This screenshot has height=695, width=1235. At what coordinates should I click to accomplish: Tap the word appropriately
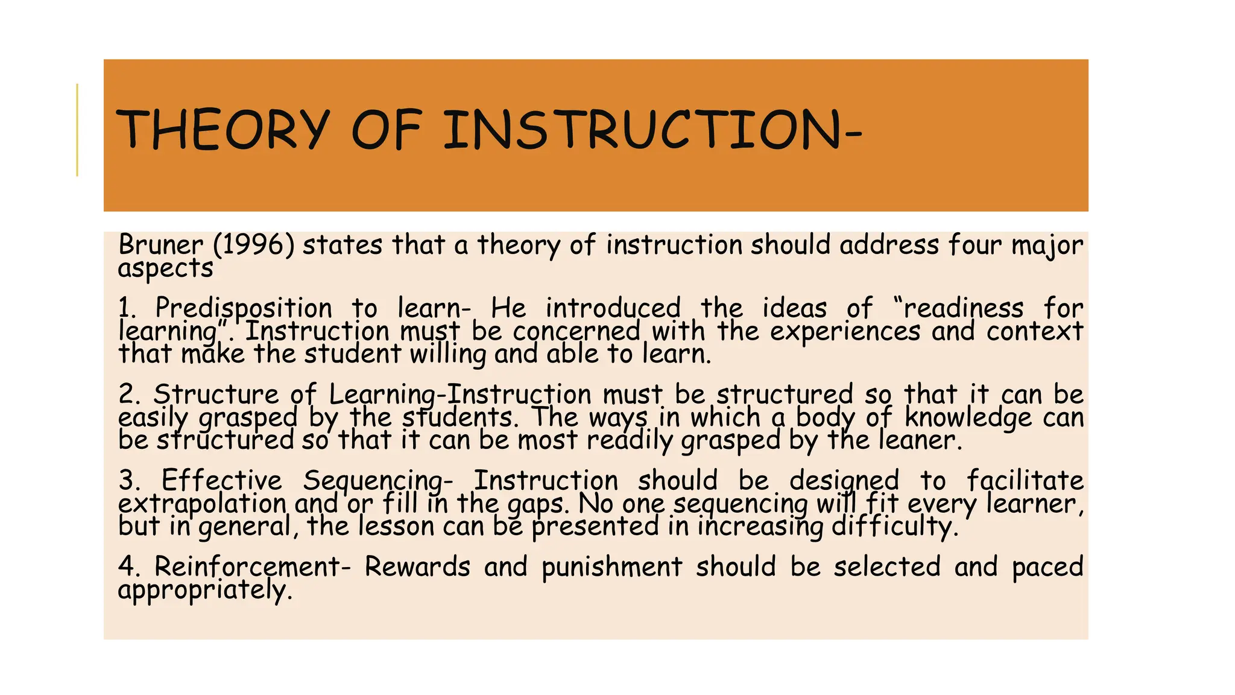tap(204, 591)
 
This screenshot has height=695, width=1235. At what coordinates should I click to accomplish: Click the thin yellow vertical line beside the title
tap(77, 130)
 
